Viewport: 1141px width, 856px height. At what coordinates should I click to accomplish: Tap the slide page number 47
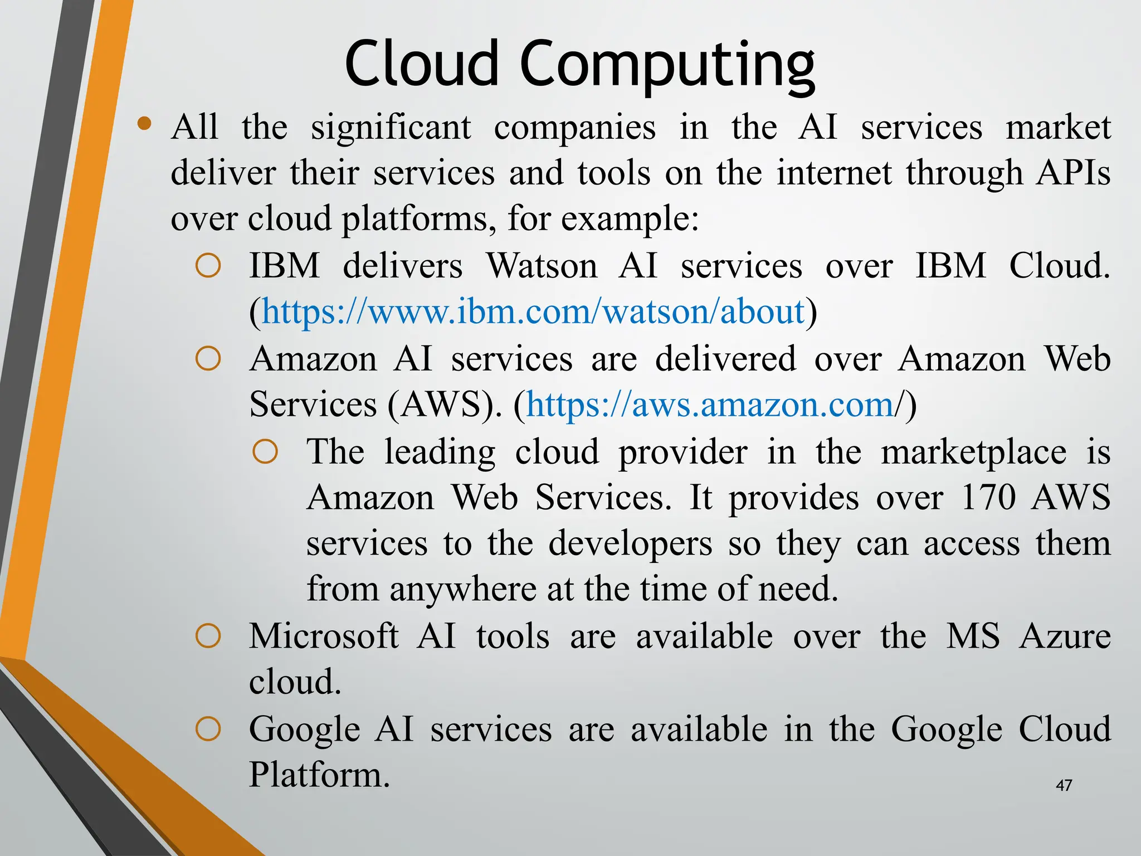coord(1064,785)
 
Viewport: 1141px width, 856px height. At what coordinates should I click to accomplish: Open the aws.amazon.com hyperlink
coord(710,405)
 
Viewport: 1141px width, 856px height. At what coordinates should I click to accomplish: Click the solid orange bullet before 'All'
coord(145,124)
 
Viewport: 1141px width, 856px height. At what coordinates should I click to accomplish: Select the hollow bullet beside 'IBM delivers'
coord(208,266)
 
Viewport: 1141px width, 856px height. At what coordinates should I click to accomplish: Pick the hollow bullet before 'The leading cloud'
coord(265,452)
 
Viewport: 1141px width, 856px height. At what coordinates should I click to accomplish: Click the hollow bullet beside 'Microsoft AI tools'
coord(208,636)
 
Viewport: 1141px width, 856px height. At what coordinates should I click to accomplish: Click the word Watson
coord(542,266)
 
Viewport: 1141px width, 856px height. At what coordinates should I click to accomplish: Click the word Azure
coord(1065,636)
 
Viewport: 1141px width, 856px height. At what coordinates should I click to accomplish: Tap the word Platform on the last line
coord(318,775)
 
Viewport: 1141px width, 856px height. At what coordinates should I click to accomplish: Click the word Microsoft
coord(324,636)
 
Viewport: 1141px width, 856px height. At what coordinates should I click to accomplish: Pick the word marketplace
coord(973,452)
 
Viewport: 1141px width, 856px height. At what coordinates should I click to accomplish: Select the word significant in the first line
coord(391,128)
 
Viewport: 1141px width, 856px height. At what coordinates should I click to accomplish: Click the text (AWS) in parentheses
coord(444,405)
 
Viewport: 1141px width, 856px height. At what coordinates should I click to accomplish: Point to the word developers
coord(630,544)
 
